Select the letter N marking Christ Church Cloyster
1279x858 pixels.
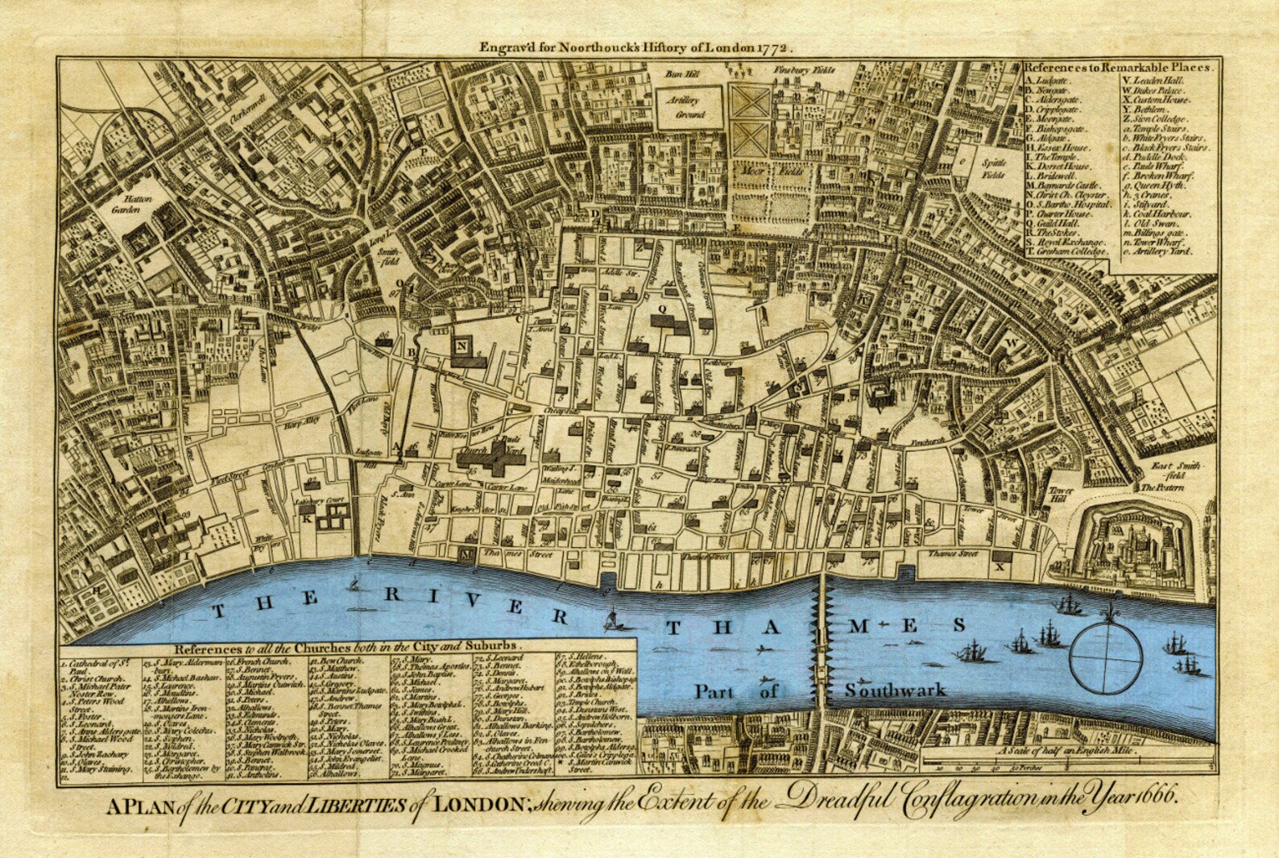coord(462,347)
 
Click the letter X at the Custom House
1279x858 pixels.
coord(1001,566)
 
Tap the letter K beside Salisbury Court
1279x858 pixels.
coord(307,518)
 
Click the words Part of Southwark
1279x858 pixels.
coord(820,691)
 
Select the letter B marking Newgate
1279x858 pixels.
coord(411,352)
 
